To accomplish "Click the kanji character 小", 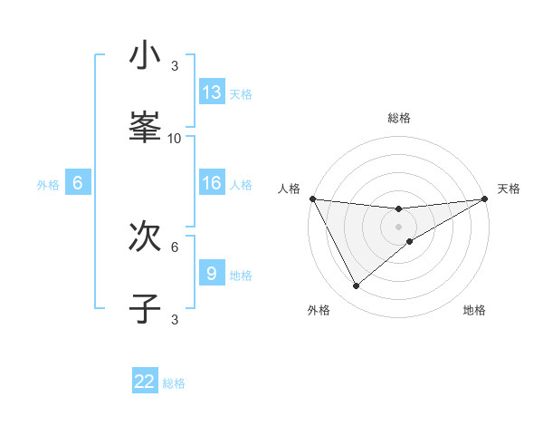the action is [145, 56].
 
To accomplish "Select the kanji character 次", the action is [145, 237].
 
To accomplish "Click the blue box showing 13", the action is [212, 92].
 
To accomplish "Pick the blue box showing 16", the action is [212, 183].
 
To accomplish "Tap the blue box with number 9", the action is [212, 273].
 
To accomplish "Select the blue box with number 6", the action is [78, 183].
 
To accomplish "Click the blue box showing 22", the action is [145, 382].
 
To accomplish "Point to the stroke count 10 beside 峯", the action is [175, 138].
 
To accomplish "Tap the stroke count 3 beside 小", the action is [175, 66].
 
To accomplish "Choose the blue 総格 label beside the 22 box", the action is [174, 383].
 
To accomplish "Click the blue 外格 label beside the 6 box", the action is [48, 185].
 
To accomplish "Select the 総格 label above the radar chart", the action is [399, 118].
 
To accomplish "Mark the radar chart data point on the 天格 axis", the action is [485, 198].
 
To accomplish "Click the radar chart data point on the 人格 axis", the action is [312, 198].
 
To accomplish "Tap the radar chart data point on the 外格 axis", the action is [356, 286].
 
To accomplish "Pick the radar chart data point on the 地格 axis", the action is [410, 241].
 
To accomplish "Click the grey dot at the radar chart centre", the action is [399, 227].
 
